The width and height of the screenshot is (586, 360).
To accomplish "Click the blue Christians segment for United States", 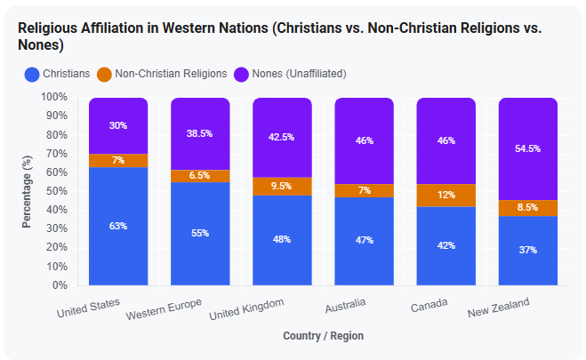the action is coord(118,227).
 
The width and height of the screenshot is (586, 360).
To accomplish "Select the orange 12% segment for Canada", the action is coord(446,196).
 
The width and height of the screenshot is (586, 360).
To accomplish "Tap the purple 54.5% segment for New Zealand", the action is coord(527,149).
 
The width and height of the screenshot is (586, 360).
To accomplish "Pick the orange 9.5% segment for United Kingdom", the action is coord(282,187).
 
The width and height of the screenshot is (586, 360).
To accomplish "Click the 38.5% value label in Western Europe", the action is coord(199,133).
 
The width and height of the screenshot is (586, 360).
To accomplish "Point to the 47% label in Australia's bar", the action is coord(364,240).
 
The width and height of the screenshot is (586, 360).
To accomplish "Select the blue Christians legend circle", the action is coord(32,75).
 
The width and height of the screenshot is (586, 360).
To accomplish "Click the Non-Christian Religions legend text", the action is coord(171,74).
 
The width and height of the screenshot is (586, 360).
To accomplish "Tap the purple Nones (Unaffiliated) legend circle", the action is coord(241,75).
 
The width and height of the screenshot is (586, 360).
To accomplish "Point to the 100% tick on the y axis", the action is coord(54,97).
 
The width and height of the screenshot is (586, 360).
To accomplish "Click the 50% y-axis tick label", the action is coord(57,191).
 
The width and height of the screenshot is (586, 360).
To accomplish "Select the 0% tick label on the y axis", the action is coord(60,285).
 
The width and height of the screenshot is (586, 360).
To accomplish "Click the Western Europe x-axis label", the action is coord(164,309).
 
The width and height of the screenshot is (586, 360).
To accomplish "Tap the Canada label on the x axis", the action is coord(429,305).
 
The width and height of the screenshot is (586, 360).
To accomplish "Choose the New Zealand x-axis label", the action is coord(499,308).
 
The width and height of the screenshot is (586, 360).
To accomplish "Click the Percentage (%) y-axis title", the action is coord(27,192).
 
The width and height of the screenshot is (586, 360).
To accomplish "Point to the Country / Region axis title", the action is coord(324,336).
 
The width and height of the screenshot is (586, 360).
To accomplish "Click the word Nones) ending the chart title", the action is coord(41,45).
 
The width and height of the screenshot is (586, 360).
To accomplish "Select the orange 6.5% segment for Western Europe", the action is coord(200,176).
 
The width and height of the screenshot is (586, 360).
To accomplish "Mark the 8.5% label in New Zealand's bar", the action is coord(527,207).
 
